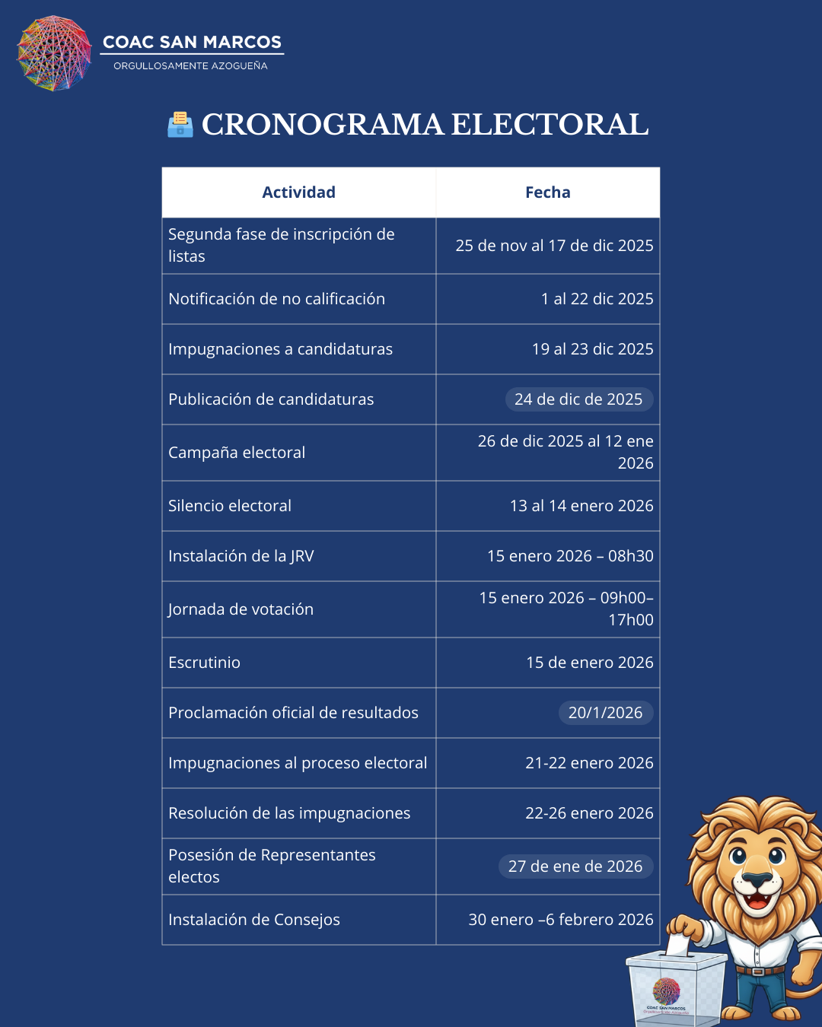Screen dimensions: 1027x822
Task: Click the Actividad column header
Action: pyautogui.click(x=298, y=192)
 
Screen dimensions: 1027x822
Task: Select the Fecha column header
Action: pyautogui.click(x=547, y=192)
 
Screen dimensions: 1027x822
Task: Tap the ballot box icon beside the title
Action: pyautogui.click(x=180, y=124)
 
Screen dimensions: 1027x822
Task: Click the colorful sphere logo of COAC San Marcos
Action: pyautogui.click(x=54, y=53)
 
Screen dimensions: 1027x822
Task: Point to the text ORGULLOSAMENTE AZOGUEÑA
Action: pyautogui.click(x=190, y=66)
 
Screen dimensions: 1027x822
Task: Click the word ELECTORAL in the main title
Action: pyautogui.click(x=550, y=125)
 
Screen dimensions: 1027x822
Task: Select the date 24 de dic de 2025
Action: pyautogui.click(x=578, y=399)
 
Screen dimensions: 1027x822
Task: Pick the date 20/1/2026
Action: pyautogui.click(x=605, y=713)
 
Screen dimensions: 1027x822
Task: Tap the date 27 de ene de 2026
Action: pyautogui.click(x=575, y=866)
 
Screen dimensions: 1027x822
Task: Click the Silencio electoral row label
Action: pyautogui.click(x=230, y=506)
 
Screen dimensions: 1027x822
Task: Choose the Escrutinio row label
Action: pyautogui.click(x=204, y=663)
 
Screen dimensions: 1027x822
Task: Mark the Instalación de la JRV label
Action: pyautogui.click(x=241, y=556)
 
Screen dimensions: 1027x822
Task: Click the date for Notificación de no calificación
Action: pyautogui.click(x=597, y=299)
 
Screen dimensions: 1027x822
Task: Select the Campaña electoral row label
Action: pyautogui.click(x=237, y=453)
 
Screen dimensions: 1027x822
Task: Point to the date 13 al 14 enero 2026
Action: pyautogui.click(x=581, y=506)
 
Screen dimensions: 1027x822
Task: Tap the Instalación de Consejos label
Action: pyautogui.click(x=254, y=920)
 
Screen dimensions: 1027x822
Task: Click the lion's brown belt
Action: pyautogui.click(x=759, y=971)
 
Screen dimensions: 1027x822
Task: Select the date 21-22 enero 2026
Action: pyautogui.click(x=589, y=763)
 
